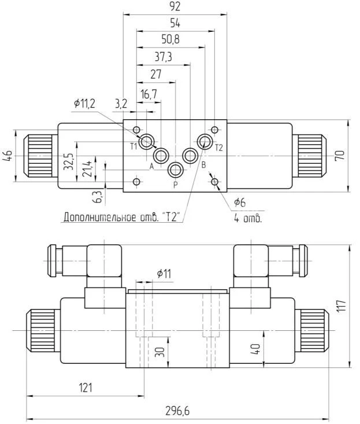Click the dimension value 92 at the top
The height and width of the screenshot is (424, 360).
click(x=176, y=7)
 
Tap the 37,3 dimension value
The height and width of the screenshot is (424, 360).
click(x=164, y=57)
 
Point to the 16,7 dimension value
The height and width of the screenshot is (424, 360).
click(x=149, y=94)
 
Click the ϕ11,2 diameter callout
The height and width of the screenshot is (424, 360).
click(x=84, y=103)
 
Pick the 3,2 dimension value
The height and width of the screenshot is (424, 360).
click(x=121, y=104)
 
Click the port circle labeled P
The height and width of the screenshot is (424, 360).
click(x=175, y=170)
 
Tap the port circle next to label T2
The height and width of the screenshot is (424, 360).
click(x=205, y=141)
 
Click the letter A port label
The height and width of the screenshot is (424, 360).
click(x=151, y=167)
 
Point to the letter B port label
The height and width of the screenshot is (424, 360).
click(x=203, y=165)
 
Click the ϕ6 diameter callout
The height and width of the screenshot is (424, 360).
click(x=239, y=202)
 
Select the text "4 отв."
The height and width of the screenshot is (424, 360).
click(x=248, y=219)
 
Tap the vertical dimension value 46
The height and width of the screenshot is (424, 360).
click(x=8, y=156)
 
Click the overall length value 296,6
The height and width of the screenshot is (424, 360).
click(x=177, y=411)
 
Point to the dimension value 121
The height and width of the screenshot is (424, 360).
click(x=85, y=388)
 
